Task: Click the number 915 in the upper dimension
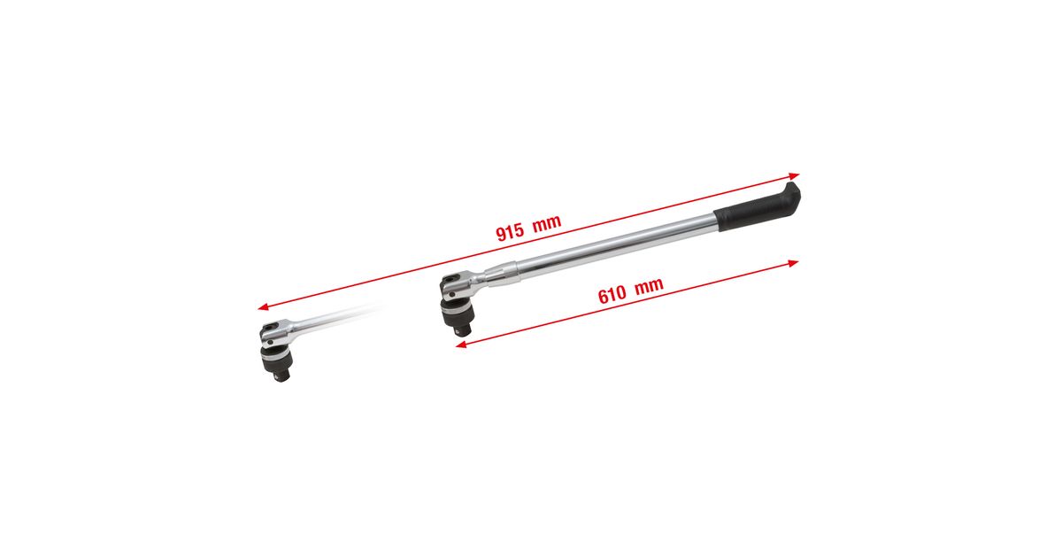coord(510,232)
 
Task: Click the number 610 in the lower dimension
coord(612,295)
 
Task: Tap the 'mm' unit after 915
coord(547,223)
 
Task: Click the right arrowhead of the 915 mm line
coord(795,176)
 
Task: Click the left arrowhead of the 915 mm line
coord(263,307)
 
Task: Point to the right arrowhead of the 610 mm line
coord(793,263)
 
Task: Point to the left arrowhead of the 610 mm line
coord(461,345)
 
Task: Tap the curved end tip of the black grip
coord(795,189)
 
